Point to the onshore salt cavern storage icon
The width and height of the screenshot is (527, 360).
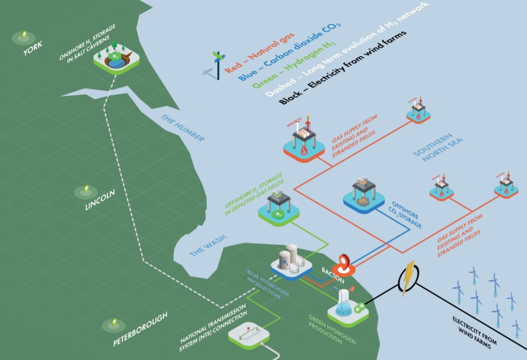(x=116, y=58)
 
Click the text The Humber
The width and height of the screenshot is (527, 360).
(x=182, y=128)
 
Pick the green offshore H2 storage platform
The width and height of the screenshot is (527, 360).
(x=279, y=208)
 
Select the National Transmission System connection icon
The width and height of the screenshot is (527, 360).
(x=249, y=335)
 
